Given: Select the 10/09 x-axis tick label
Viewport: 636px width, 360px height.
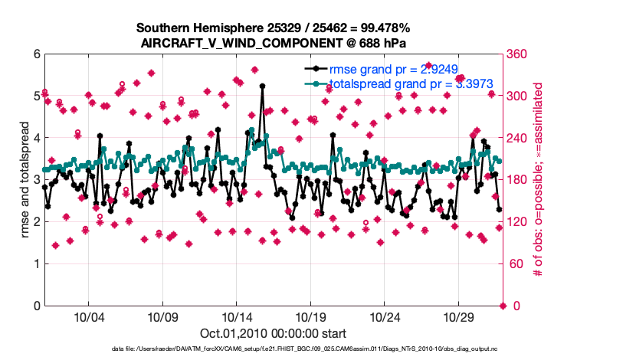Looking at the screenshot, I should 162,317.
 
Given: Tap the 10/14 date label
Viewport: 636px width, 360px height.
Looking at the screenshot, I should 237,317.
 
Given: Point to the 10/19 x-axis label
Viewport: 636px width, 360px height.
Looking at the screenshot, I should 311,317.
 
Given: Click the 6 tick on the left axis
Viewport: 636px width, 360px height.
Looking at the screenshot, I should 36,54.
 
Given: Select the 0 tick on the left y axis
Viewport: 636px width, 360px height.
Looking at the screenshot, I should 36,306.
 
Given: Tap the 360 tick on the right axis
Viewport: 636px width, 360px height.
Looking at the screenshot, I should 519,54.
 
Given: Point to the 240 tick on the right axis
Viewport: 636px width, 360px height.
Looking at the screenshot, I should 519,138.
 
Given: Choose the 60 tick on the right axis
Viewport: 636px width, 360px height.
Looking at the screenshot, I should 516,264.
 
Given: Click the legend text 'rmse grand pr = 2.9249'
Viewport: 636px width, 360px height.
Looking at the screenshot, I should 392,67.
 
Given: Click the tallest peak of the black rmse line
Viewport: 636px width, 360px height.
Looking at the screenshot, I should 262,86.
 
